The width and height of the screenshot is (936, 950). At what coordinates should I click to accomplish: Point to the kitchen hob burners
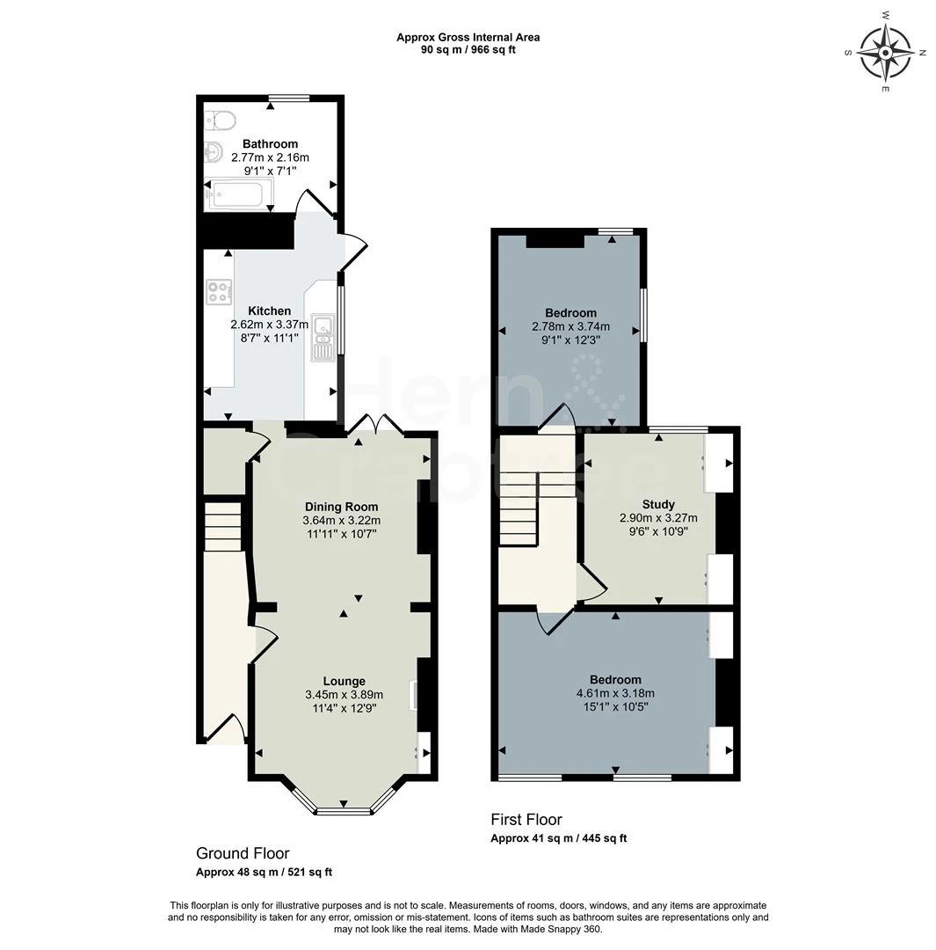[x=219, y=292]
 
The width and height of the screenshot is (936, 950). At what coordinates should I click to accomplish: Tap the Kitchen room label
[x=269, y=311]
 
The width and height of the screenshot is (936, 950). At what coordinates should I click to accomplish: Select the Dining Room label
[x=341, y=507]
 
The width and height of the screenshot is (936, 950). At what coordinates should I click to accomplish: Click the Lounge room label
[x=344, y=681]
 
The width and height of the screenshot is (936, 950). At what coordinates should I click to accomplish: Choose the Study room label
[x=658, y=504]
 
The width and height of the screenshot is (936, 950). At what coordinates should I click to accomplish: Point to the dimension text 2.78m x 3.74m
[x=570, y=326]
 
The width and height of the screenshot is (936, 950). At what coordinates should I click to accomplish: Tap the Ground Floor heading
[x=242, y=853]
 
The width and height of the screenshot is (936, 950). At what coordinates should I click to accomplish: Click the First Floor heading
[x=526, y=820]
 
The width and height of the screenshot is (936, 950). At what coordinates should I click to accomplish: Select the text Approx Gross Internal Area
[x=468, y=37]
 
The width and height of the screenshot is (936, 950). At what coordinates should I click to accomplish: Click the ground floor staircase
[x=222, y=525]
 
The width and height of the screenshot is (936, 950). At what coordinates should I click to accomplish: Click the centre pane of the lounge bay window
[x=344, y=810]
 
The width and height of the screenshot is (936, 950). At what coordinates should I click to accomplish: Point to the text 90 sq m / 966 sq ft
[x=468, y=49]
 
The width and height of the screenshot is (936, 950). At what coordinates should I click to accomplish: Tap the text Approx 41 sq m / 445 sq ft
[x=558, y=838]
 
